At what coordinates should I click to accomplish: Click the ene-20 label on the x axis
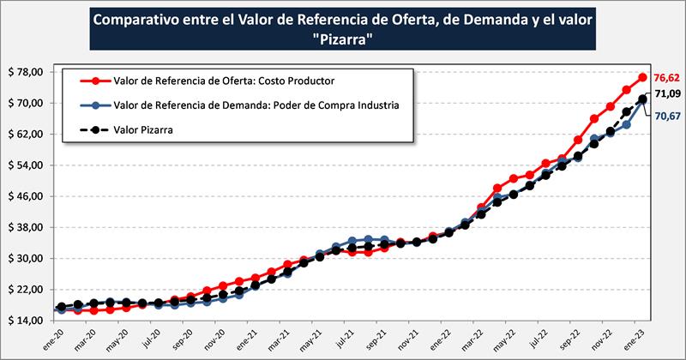click(x=60, y=338)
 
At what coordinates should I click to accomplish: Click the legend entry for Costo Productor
click(x=223, y=81)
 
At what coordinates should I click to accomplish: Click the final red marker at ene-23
click(x=643, y=77)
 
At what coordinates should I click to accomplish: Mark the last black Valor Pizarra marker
click(x=642, y=99)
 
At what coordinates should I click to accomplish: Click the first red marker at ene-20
click(x=60, y=309)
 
